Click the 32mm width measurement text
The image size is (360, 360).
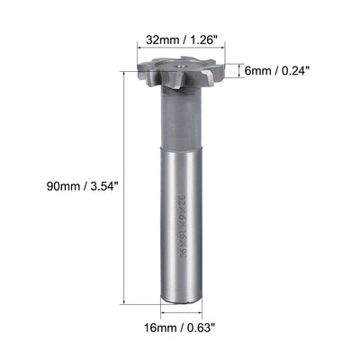click(x=151, y=40)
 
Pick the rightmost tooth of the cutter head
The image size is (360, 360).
click(x=216, y=75)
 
